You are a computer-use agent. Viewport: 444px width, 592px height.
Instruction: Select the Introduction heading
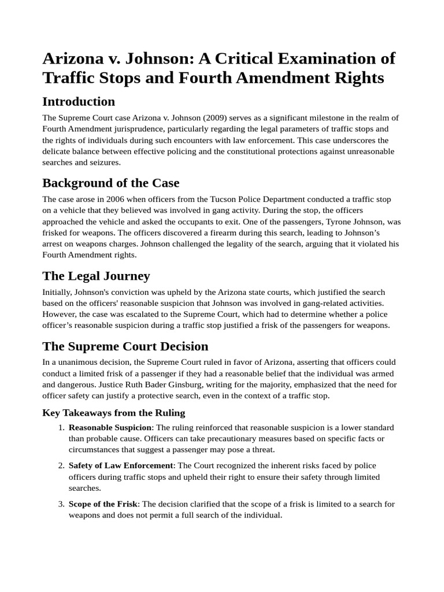pos(79,102)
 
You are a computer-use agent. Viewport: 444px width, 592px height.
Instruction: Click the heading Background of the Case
pos(110,183)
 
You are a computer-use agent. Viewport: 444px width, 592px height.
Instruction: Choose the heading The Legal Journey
pos(96,276)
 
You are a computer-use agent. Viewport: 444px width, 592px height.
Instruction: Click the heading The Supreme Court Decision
pos(125,347)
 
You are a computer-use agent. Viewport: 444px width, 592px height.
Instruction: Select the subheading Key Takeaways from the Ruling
pos(114,413)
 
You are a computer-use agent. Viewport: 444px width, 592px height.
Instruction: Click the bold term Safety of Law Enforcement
pos(120,465)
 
